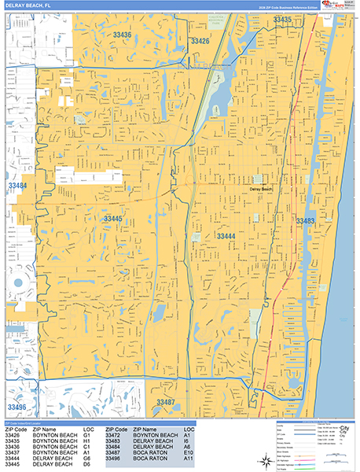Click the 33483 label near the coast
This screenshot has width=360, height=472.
[x=306, y=221]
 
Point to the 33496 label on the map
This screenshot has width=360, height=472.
[x=17, y=407]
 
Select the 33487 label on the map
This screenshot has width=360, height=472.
[x=166, y=402]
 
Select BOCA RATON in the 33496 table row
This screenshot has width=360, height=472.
[x=149, y=458]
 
